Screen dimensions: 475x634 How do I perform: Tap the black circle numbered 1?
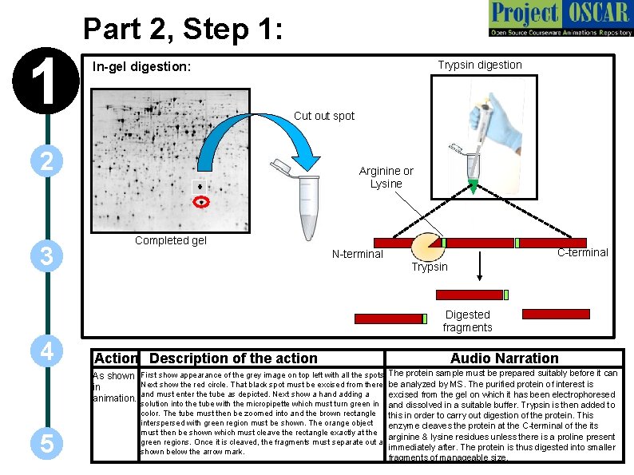(47, 82)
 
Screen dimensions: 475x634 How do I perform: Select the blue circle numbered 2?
(47, 162)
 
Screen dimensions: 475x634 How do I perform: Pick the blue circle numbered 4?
(47, 351)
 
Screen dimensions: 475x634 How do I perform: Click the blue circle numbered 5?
(47, 444)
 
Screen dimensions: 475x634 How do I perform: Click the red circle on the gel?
(202, 202)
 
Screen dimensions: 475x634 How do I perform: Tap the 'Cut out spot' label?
(324, 116)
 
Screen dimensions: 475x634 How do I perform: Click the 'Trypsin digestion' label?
(479, 65)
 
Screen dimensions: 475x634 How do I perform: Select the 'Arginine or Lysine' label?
(386, 177)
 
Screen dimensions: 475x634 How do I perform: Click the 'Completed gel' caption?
(170, 240)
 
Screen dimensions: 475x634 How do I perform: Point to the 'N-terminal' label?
(357, 255)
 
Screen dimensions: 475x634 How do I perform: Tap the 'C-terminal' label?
(582, 252)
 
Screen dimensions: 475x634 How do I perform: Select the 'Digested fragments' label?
(467, 321)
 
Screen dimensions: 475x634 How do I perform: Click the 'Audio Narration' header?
(504, 358)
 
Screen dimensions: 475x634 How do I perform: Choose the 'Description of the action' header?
(233, 358)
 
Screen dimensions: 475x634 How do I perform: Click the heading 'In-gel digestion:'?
(141, 67)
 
